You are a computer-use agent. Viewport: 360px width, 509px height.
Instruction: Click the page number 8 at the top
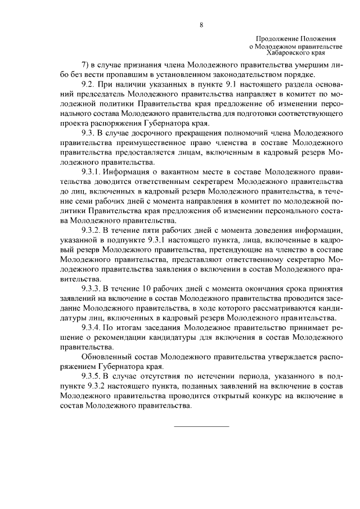[x=201, y=25]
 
